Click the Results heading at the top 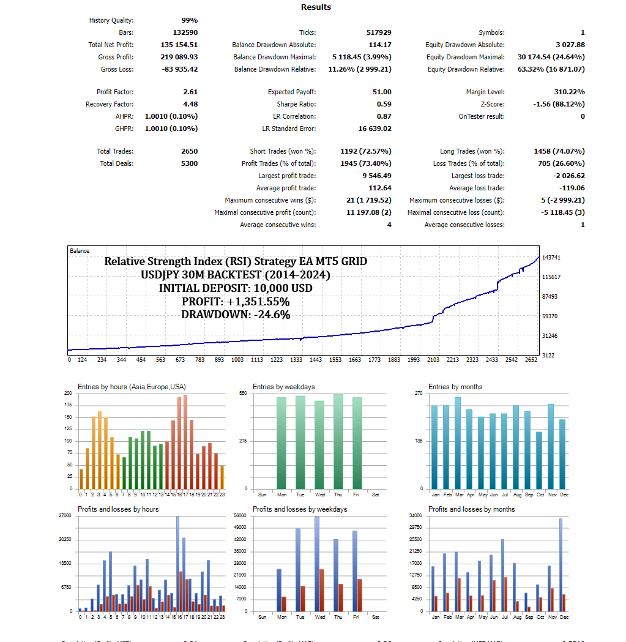[x=316, y=7]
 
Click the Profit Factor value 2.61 [x=190, y=92]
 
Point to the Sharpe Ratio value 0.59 [x=384, y=104]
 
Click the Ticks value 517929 [x=379, y=32]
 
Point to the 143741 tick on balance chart [x=552, y=258]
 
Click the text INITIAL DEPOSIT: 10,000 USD [x=236, y=288]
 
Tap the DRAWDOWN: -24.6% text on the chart [x=236, y=315]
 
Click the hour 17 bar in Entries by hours [x=185, y=442]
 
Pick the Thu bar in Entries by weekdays [x=338, y=441]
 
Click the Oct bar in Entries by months [x=539, y=460]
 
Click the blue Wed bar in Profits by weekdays [x=317, y=564]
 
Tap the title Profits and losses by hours [x=118, y=509]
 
